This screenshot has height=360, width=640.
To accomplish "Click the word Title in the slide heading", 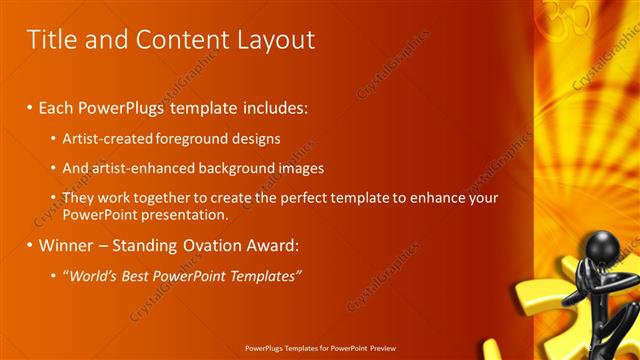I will tap(49, 40).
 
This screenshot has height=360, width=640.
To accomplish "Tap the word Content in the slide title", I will tap(173, 40).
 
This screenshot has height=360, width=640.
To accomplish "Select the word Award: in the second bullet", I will tap(272, 245).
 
